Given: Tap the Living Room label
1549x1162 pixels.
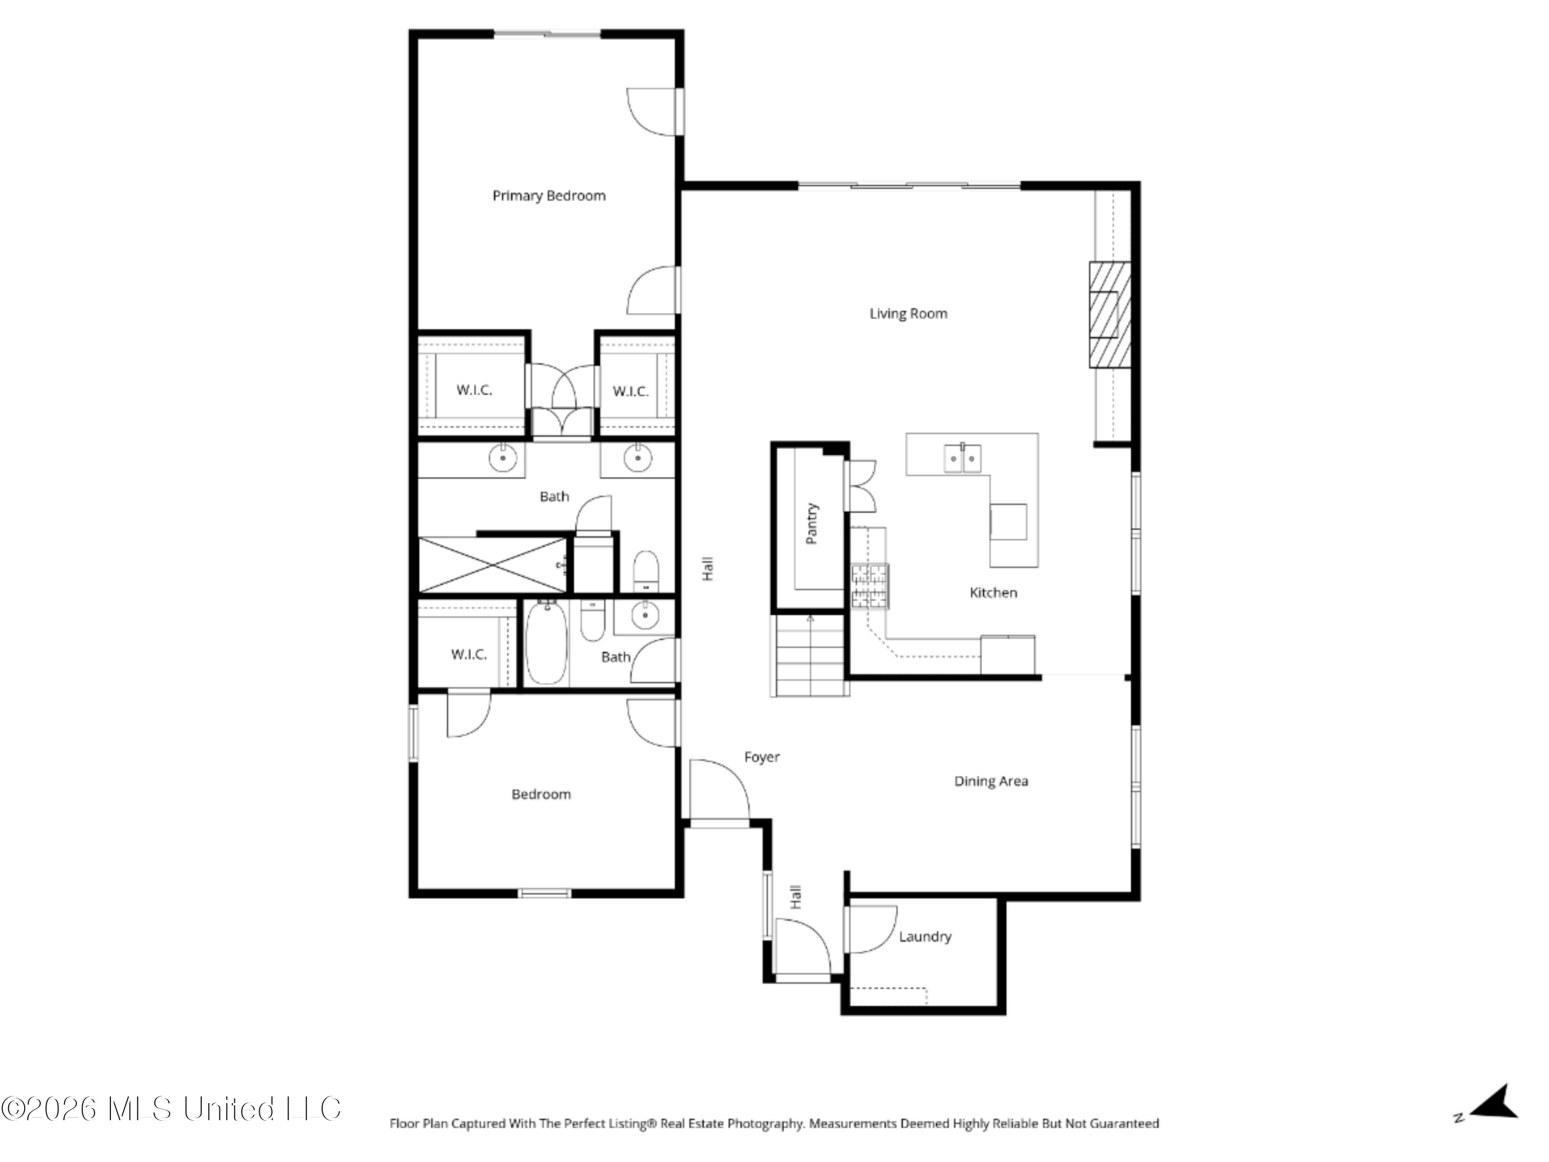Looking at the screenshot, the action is pyautogui.click(x=908, y=314).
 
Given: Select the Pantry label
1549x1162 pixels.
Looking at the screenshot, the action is pyautogui.click(x=812, y=523).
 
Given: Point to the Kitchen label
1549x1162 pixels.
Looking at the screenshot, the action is pyautogui.click(x=993, y=592).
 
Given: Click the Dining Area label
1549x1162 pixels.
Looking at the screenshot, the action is pyautogui.click(x=991, y=781).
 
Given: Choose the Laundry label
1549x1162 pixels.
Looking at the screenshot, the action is pyautogui.click(x=925, y=936).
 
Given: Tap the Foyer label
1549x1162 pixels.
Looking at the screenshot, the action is pyautogui.click(x=762, y=757).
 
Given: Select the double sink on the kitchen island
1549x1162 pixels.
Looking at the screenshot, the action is pyautogui.click(x=963, y=458).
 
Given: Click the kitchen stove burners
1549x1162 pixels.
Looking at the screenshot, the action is pyautogui.click(x=870, y=586).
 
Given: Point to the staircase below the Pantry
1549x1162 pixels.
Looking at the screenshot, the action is pyautogui.click(x=810, y=655).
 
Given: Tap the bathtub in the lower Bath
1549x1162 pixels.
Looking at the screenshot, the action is pyautogui.click(x=546, y=642).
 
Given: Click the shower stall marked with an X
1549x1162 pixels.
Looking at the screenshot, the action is pyautogui.click(x=493, y=565).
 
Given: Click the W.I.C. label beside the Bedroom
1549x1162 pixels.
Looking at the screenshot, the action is pyautogui.click(x=468, y=654).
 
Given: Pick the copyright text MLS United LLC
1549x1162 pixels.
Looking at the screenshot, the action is pyautogui.click(x=171, y=1109).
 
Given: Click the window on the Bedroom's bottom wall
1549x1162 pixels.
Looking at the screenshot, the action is pyautogui.click(x=545, y=892).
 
